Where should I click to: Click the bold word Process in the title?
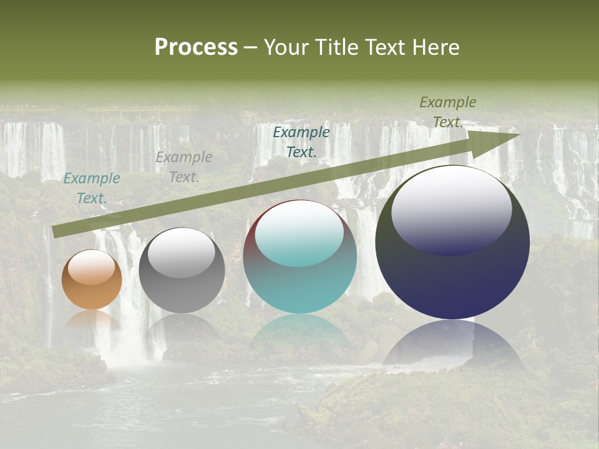[x=196, y=47]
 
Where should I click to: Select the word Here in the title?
[x=436, y=47]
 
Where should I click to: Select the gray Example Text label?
[x=184, y=167]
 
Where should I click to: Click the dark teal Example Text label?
[x=301, y=142]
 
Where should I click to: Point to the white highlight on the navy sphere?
[x=451, y=210]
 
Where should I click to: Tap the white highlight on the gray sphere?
[x=182, y=253]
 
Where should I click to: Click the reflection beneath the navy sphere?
[x=452, y=343]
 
